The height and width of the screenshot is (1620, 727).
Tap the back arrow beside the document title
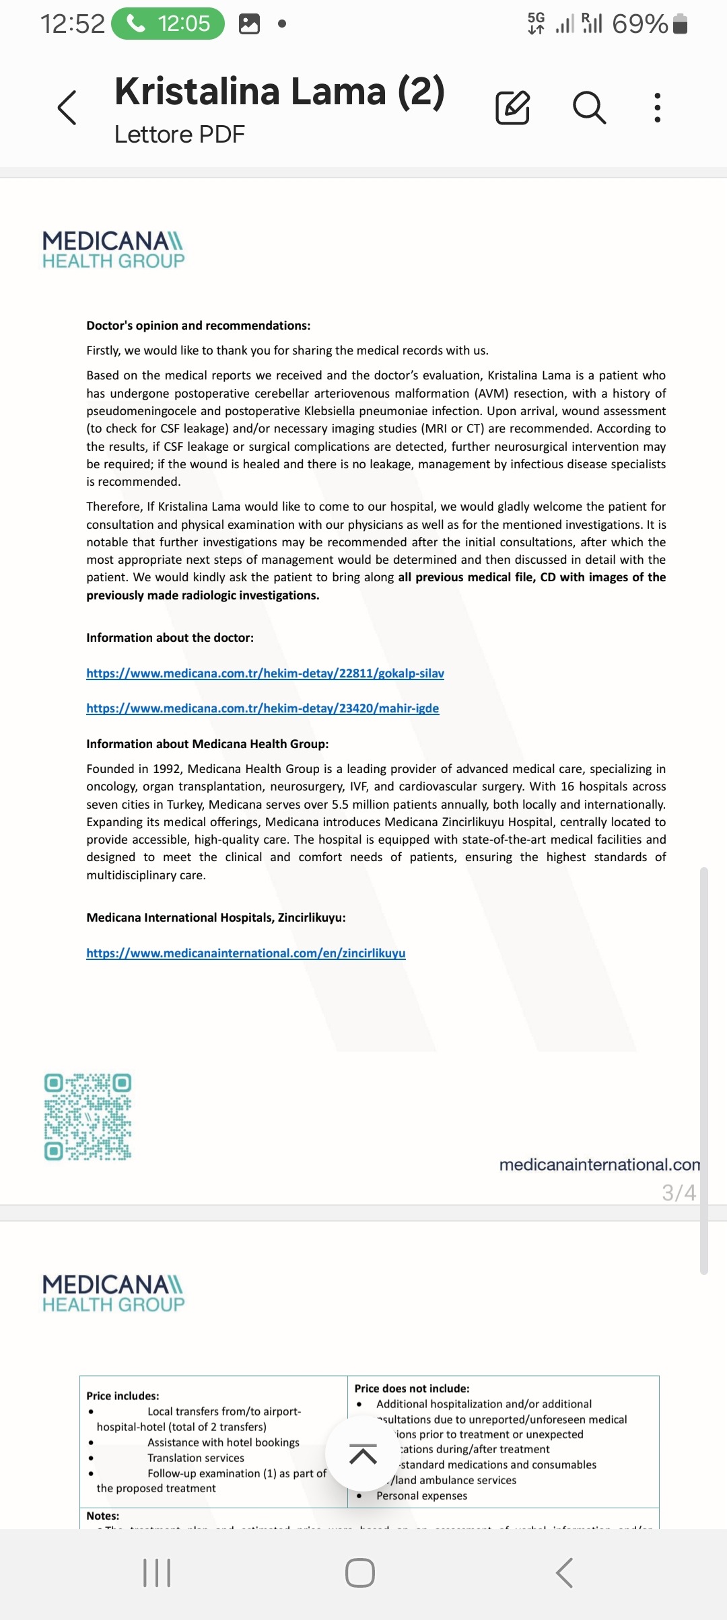click(x=67, y=108)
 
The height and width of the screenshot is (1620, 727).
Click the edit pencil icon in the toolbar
click(x=512, y=108)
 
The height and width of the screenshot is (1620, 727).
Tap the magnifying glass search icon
click(x=589, y=108)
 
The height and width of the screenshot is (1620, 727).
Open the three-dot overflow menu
click(x=657, y=108)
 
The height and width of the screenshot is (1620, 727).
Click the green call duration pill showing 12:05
click(x=168, y=24)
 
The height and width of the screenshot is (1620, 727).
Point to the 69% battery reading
click(x=639, y=24)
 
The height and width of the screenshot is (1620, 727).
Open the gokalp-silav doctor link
click(x=265, y=673)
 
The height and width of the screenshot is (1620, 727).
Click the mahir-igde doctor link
click(x=263, y=708)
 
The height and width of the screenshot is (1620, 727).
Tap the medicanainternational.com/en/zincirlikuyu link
click(x=246, y=953)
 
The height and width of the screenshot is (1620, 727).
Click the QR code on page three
click(x=88, y=1117)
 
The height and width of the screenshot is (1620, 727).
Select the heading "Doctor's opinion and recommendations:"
click(x=199, y=326)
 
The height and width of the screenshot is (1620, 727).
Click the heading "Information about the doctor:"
click(x=170, y=638)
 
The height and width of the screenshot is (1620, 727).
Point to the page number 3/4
click(x=679, y=1193)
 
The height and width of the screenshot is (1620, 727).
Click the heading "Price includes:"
click(x=123, y=1396)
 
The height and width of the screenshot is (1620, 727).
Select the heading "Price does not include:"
click(x=412, y=1389)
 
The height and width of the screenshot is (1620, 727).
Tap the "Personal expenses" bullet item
click(x=421, y=1496)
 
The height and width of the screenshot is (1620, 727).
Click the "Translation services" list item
click(x=196, y=1458)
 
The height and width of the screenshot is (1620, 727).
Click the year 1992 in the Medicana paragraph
click(x=166, y=769)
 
